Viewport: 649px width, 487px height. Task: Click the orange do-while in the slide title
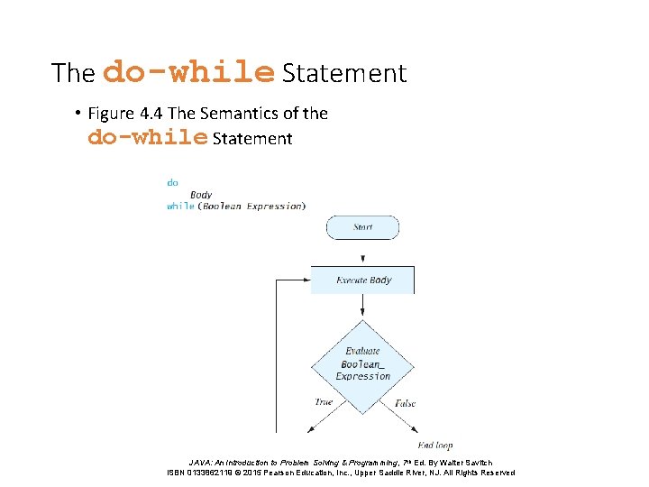pos(188,71)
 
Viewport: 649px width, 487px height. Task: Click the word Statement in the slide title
pos(344,73)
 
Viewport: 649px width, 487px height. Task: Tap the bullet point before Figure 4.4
pos(79,114)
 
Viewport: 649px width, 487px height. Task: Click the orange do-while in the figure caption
pos(148,138)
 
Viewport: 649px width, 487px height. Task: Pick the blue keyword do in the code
pos(172,182)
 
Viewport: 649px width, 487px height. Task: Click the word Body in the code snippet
pos(201,194)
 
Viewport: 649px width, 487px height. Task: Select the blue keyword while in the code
pos(180,206)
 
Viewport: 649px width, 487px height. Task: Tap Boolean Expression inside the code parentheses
pos(252,206)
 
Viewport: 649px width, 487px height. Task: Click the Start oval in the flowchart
pos(362,227)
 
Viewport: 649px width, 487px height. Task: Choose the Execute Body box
pos(362,280)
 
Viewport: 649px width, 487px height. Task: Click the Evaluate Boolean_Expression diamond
pos(362,364)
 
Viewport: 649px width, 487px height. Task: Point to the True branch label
pos(324,402)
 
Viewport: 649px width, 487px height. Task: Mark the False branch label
pos(405,403)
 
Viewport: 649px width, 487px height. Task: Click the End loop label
pos(435,445)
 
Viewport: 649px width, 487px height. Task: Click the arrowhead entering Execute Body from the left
pos(306,280)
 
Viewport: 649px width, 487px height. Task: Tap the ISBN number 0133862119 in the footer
pos(218,473)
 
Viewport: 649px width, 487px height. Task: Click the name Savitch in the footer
pos(476,462)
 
